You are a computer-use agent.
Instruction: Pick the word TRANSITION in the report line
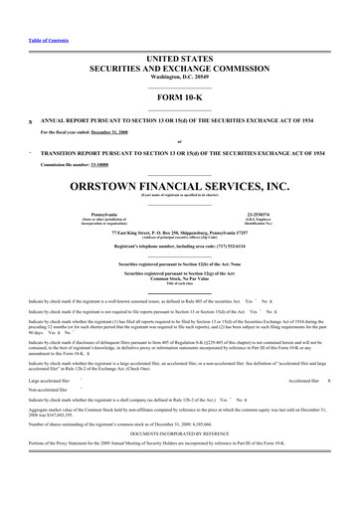click(x=60, y=154)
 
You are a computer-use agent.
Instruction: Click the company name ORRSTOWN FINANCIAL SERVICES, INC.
click(x=180, y=185)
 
